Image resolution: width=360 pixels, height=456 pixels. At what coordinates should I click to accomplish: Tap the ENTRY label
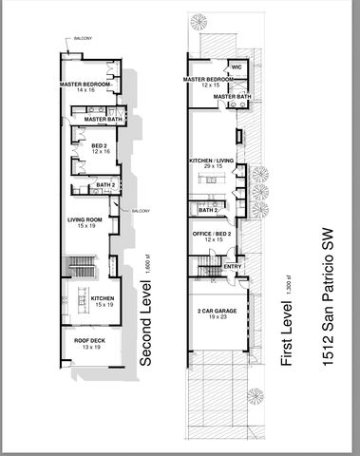[x=232, y=267]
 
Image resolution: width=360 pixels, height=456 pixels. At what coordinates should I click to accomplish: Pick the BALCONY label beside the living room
[x=140, y=210]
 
